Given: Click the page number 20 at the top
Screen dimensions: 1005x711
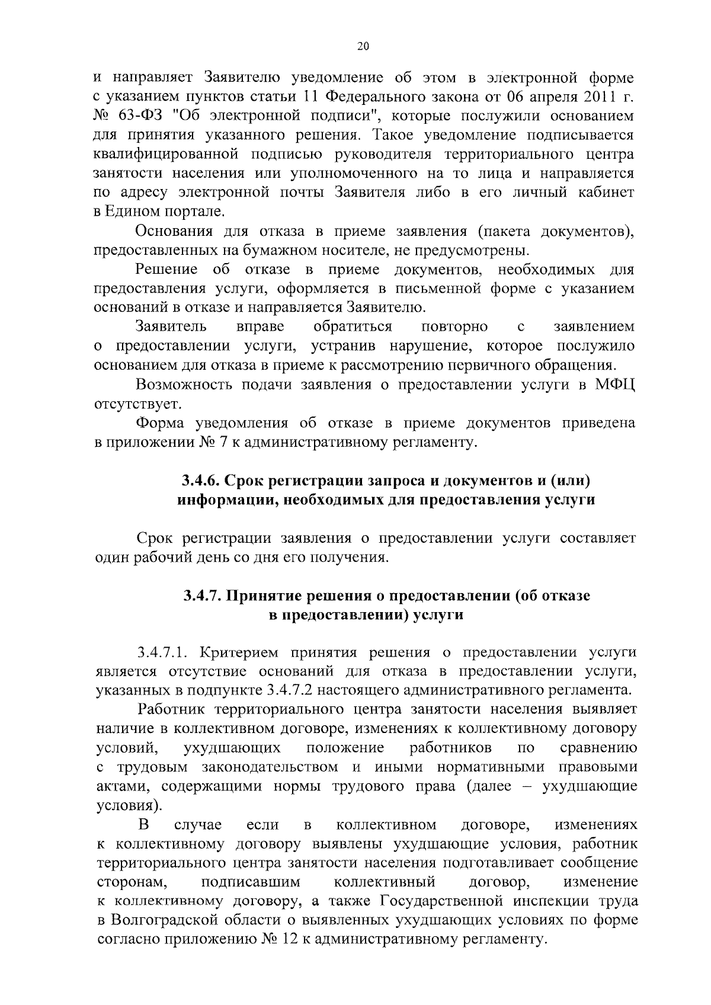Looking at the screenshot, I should coord(363,47).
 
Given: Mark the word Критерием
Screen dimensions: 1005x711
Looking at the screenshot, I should coord(239,653).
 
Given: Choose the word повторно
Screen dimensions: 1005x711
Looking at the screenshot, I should coord(454,327).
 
